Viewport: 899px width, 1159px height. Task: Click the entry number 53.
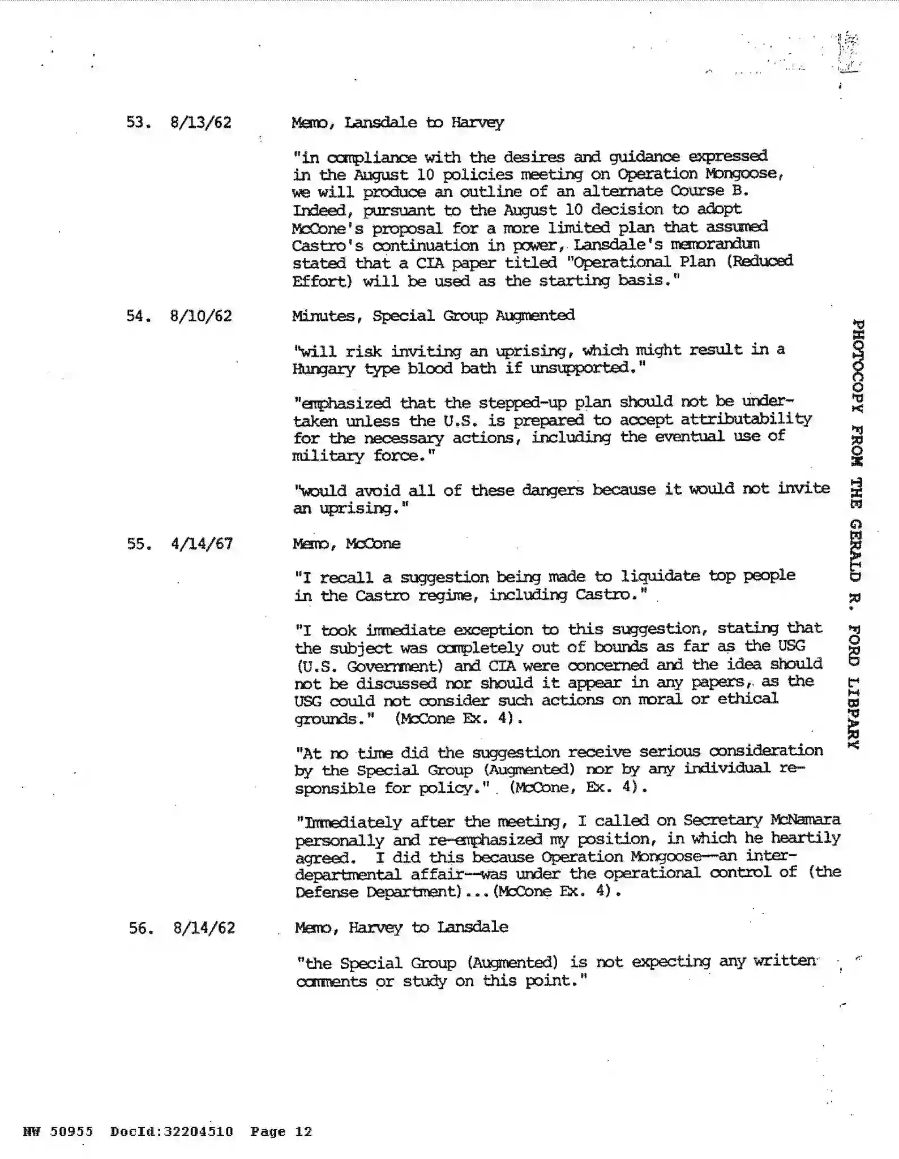138,123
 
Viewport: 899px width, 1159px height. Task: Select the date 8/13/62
201,123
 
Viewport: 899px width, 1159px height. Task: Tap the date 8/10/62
201,316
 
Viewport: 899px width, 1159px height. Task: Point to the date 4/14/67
202,544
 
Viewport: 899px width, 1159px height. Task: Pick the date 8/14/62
204,928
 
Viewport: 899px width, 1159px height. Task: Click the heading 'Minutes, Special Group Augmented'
433,315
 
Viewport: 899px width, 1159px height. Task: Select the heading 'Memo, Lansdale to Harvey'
397,123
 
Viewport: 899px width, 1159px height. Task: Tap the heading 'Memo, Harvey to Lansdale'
401,927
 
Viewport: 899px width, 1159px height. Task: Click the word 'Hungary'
323,369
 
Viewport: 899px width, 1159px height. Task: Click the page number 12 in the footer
303,1131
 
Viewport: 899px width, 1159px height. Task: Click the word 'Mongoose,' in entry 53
744,174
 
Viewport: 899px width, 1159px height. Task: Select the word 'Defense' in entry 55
327,892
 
